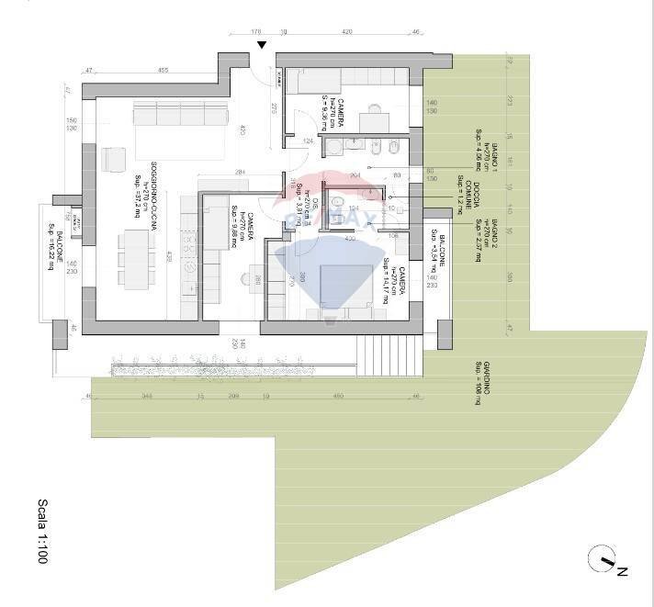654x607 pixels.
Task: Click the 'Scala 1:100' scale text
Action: [42, 532]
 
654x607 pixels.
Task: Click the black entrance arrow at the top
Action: [262, 45]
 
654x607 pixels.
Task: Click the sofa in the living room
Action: [181, 116]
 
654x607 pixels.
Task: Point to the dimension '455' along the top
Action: [162, 70]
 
